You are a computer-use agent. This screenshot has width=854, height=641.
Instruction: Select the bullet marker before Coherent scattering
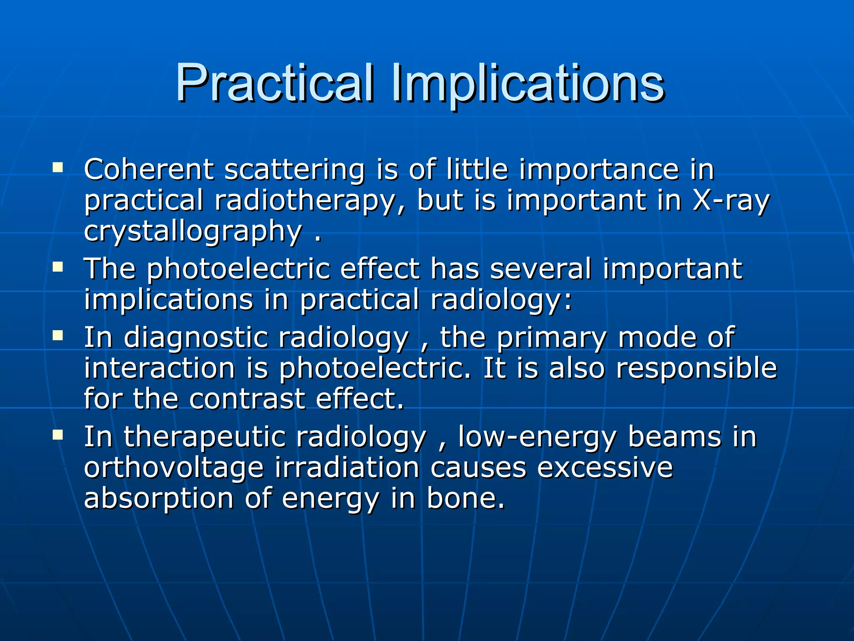click(x=58, y=168)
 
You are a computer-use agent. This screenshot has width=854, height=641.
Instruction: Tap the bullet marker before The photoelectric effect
click(x=58, y=267)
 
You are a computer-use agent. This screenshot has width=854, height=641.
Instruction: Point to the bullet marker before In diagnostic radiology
click(x=58, y=336)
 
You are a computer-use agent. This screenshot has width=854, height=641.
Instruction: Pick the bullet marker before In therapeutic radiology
click(x=58, y=435)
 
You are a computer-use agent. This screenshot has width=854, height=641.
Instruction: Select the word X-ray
click(x=730, y=201)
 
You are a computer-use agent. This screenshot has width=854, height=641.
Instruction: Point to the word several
click(x=540, y=269)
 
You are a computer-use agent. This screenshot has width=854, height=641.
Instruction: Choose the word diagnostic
click(x=196, y=338)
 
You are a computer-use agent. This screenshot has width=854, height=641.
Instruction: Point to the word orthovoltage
click(x=174, y=468)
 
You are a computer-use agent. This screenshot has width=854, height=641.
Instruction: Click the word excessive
click(x=605, y=468)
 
